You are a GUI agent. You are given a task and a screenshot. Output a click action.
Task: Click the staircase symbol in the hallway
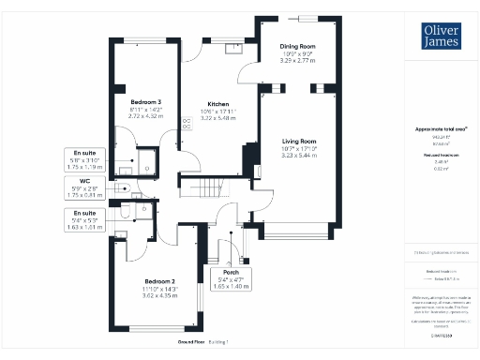pyautogui.click(x=222, y=184)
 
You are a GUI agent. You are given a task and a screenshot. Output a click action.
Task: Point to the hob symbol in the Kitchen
pyautogui.click(x=187, y=121)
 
